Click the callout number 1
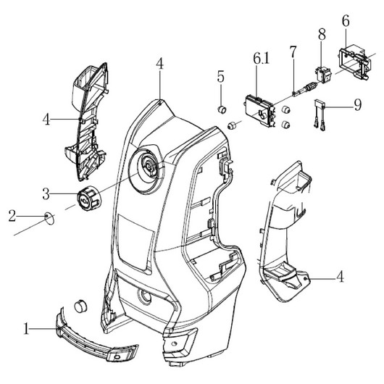pyautogui.click(x=26, y=328)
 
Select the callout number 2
pyautogui.click(x=12, y=216)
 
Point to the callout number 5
pyautogui.click(x=220, y=77)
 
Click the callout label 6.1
pyautogui.click(x=261, y=59)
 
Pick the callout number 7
pyautogui.click(x=293, y=51)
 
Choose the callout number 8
pyautogui.click(x=322, y=34)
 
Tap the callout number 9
pyautogui.click(x=357, y=105)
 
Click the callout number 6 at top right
pyautogui.click(x=346, y=21)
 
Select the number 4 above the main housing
pyautogui.click(x=159, y=64)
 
